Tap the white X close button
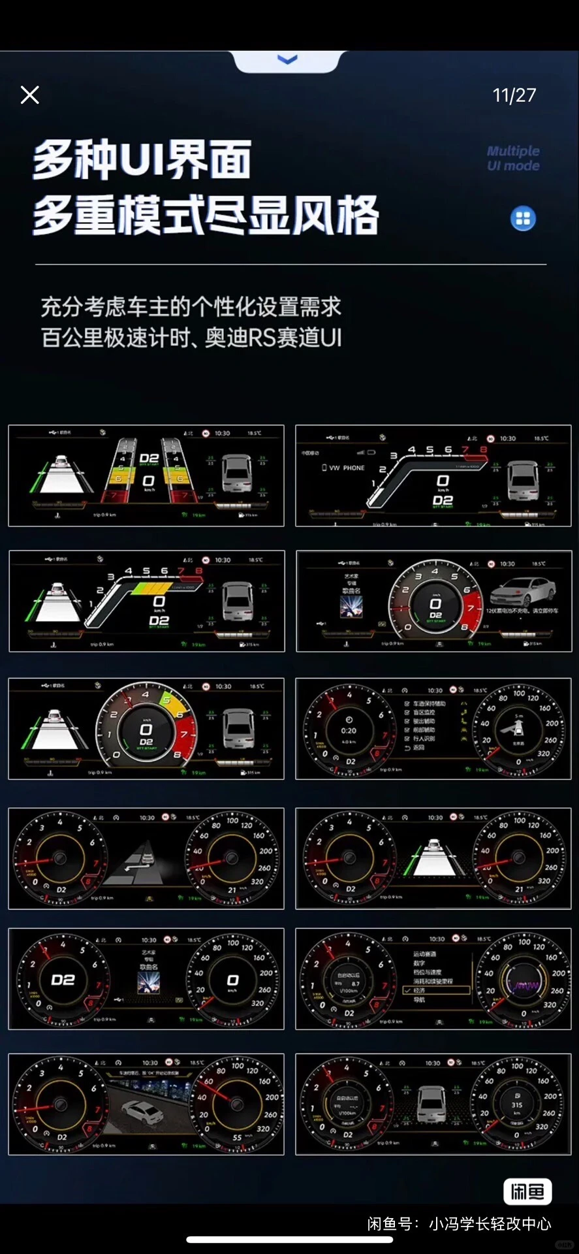30,95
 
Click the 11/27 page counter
514,95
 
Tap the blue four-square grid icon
523,218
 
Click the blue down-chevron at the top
287,60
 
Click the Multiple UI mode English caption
513,158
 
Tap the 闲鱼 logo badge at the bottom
527,1192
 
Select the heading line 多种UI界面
142,159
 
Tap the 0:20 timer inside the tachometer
349,730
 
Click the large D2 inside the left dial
63,980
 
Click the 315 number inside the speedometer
517,1105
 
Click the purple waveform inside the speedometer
524,985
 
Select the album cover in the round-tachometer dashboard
351,607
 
